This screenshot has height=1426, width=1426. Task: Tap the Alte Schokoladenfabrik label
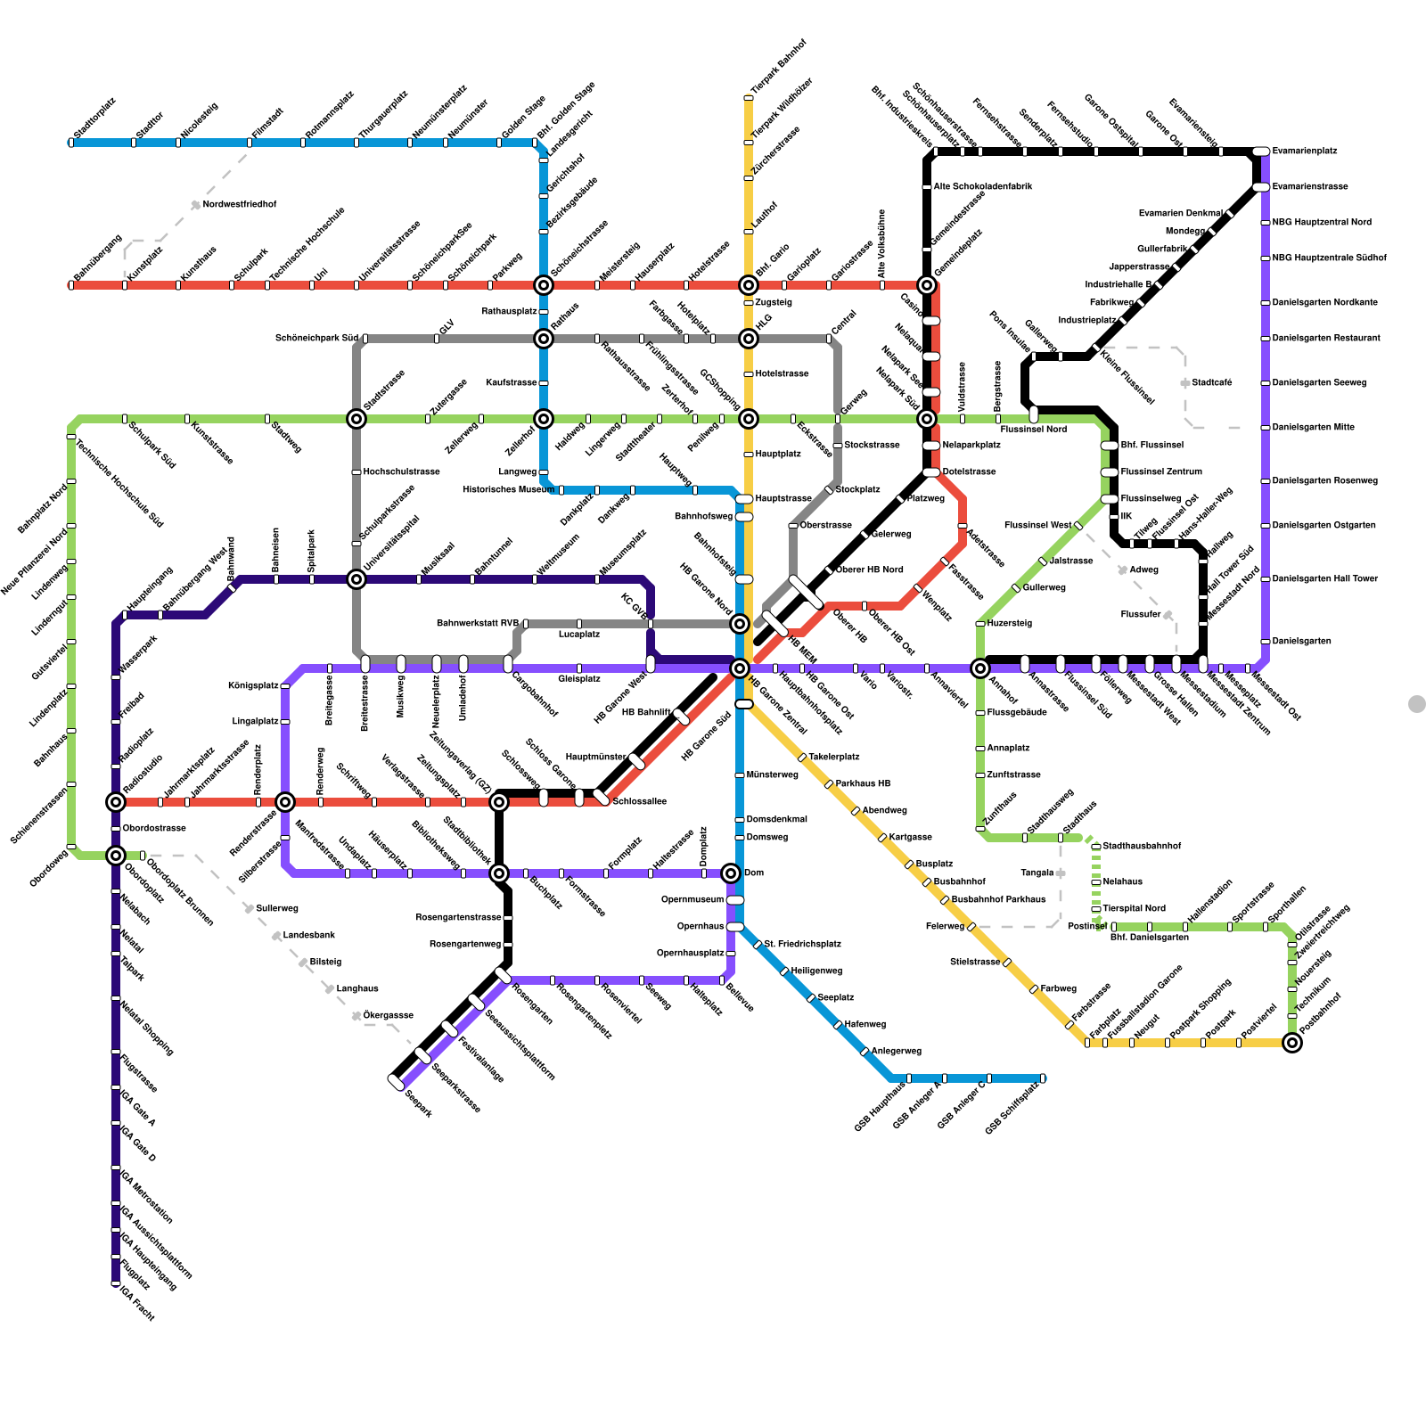pyautogui.click(x=983, y=187)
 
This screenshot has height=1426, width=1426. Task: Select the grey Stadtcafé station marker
pyautogui.click(x=1184, y=383)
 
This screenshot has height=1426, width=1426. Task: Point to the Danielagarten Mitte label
pyautogui.click(x=1313, y=428)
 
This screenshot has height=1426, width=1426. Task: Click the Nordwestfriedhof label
pyautogui.click(x=240, y=205)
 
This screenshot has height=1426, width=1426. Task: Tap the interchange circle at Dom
pyautogui.click(x=731, y=873)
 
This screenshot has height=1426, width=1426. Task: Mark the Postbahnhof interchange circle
pyautogui.click(x=1292, y=1043)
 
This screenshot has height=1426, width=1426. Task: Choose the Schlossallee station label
pyautogui.click(x=639, y=802)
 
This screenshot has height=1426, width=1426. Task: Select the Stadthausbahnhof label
pyautogui.click(x=1142, y=847)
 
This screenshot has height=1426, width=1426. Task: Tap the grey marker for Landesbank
pyautogui.click(x=276, y=936)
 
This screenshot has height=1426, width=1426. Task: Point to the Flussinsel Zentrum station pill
pyautogui.click(x=1110, y=472)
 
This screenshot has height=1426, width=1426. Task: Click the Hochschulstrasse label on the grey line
pyautogui.click(x=401, y=472)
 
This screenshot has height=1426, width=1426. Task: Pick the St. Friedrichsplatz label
pyautogui.click(x=802, y=945)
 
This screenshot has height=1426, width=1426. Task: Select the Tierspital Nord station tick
pyautogui.click(x=1096, y=909)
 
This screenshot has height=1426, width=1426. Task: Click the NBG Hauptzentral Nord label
pyautogui.click(x=1322, y=223)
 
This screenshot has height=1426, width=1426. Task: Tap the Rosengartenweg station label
pyautogui.click(x=465, y=945)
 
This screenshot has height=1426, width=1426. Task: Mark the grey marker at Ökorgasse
pyautogui.click(x=356, y=1016)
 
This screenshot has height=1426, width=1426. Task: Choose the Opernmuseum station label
pyautogui.click(x=693, y=900)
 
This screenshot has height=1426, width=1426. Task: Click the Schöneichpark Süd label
pyautogui.click(x=316, y=339)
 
